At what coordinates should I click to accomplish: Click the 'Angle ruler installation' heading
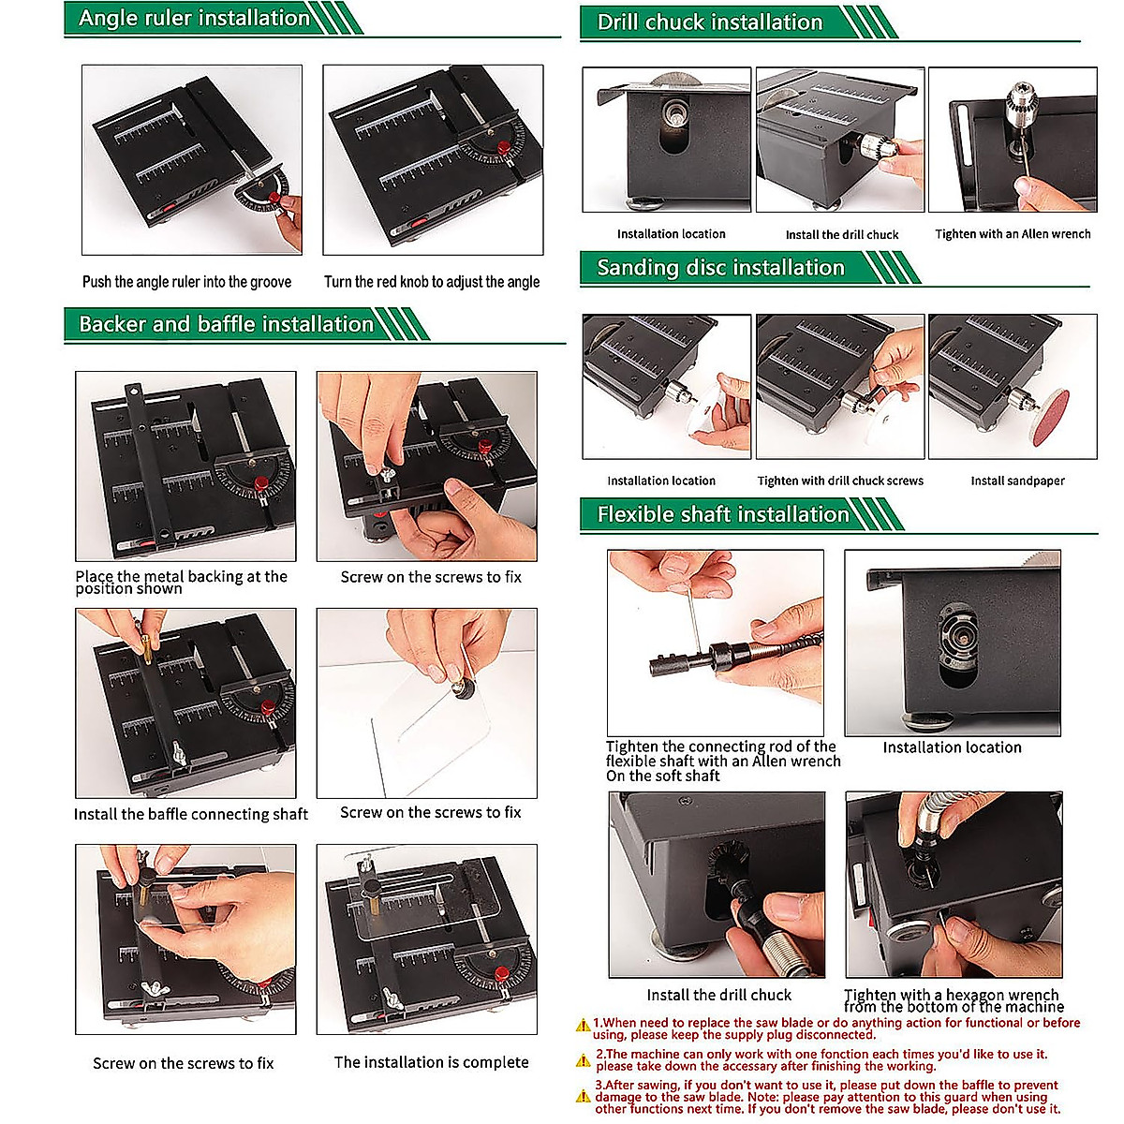[194, 18]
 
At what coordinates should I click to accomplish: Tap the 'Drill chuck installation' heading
[710, 22]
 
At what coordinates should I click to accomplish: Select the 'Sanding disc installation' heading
[721, 268]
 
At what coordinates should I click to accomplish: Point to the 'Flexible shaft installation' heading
[723, 514]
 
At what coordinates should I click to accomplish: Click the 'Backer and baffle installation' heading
[227, 324]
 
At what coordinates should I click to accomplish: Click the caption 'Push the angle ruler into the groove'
[186, 282]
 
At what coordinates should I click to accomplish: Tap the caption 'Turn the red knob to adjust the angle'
[432, 282]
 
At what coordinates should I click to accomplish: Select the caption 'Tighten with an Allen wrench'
[1013, 234]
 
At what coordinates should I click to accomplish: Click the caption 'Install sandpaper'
[1017, 481]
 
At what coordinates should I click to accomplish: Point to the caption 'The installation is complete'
[431, 1062]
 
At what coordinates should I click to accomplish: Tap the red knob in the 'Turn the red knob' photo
[504, 146]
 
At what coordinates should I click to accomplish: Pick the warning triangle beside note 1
[583, 1025]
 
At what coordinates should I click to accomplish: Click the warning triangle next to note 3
[583, 1096]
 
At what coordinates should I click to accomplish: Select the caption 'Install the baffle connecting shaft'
[191, 814]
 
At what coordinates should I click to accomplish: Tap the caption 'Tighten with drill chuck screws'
[840, 481]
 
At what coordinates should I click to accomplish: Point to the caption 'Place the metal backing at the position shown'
[181, 582]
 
